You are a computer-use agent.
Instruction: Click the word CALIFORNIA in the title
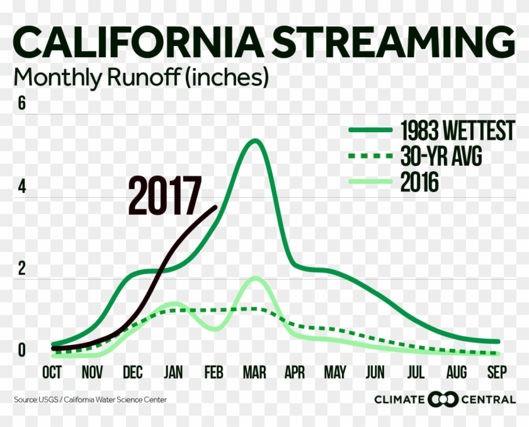point(138,42)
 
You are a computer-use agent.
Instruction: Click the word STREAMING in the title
point(394,42)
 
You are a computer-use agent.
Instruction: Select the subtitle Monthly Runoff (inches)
point(141,78)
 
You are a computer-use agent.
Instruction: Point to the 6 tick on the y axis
point(21,103)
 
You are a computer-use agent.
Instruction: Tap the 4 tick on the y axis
point(21,186)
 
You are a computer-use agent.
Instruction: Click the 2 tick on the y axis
point(21,268)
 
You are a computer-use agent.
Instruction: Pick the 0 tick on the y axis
point(21,350)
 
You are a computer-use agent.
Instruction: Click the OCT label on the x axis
point(52,372)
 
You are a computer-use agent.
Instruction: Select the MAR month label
point(254,372)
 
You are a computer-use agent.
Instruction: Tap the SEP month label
point(497,372)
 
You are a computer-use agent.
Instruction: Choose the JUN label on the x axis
point(375,372)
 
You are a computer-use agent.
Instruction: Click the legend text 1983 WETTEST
point(457,130)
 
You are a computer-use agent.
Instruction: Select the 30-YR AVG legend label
point(441,156)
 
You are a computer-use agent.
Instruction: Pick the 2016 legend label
point(419,182)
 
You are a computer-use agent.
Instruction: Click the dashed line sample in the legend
point(371,156)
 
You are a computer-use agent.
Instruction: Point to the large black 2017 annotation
point(164,196)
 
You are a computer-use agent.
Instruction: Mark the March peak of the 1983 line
point(256,141)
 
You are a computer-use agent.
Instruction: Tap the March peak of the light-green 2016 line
point(256,278)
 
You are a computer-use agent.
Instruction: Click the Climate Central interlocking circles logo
point(443,400)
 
